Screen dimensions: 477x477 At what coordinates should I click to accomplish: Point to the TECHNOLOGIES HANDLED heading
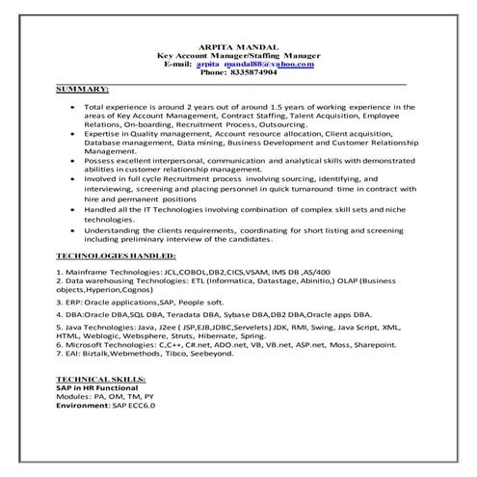point(117,257)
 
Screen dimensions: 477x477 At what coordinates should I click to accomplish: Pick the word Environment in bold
point(81,406)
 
